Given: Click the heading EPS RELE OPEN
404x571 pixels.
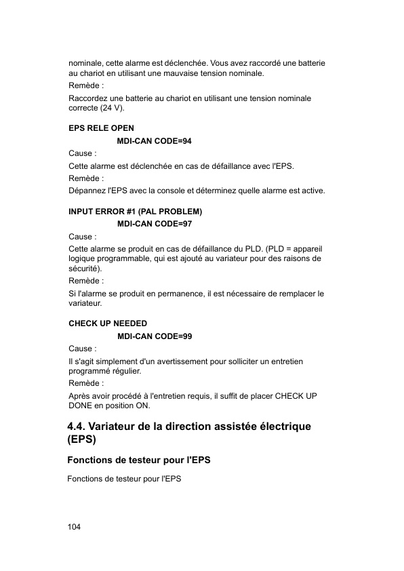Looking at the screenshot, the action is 101,128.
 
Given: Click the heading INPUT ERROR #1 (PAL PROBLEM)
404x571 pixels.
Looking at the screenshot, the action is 136,211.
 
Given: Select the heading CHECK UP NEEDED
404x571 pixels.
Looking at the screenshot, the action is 108,323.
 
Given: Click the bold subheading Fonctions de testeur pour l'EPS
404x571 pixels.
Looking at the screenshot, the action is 139,460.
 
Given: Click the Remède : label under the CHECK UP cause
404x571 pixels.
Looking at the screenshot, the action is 86,383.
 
